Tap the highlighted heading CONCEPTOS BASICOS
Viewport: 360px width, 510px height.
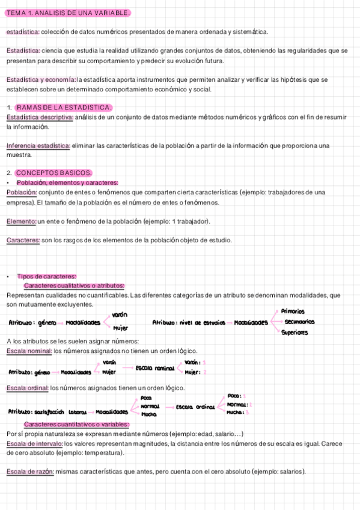pyautogui.click(x=53, y=173)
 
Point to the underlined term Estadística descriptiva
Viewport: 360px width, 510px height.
pyautogui.click(x=40, y=117)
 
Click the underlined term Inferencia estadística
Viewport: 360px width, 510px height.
pyautogui.click(x=38, y=146)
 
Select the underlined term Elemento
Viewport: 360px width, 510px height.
pyautogui.click(x=21, y=222)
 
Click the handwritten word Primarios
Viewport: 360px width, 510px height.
pyautogui.click(x=293, y=312)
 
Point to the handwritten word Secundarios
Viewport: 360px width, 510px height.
pyautogui.click(x=299, y=322)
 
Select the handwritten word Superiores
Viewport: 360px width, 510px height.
pyautogui.click(x=294, y=332)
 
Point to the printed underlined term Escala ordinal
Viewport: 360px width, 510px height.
pyautogui.click(x=26, y=388)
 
